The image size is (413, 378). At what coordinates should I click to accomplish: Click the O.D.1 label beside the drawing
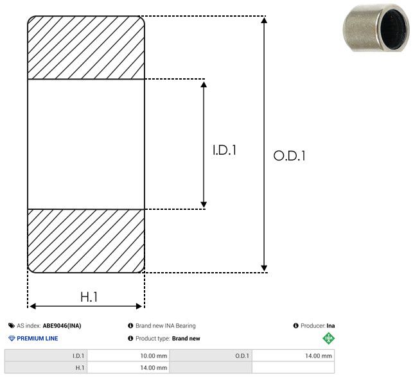[290, 155]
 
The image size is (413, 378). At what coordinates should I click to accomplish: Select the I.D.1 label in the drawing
[224, 150]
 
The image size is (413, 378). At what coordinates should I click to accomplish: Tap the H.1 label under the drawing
[89, 297]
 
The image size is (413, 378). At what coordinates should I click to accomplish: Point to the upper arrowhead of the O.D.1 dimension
[264, 20]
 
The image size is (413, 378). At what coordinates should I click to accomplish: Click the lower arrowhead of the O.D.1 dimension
[264, 268]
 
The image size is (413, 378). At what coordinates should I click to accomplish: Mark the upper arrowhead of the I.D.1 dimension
[204, 84]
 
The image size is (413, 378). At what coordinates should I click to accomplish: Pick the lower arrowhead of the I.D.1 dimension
[204, 204]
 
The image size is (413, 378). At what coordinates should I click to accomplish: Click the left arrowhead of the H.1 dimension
[33, 306]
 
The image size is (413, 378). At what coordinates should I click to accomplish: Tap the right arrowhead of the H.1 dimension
[139, 306]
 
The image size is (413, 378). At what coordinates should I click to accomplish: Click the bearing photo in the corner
[376, 28]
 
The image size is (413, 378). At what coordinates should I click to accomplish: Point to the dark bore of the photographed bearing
[394, 29]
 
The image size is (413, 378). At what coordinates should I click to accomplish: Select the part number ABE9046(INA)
[62, 325]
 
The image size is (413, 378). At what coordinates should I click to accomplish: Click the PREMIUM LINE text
[37, 338]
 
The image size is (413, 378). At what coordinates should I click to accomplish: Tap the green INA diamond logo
[329, 338]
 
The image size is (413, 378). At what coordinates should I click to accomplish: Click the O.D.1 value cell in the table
[293, 356]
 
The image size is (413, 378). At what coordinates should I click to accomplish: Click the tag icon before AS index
[12, 325]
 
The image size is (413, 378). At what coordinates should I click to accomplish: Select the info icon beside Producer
[296, 325]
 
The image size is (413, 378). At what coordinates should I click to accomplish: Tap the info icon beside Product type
[130, 338]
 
